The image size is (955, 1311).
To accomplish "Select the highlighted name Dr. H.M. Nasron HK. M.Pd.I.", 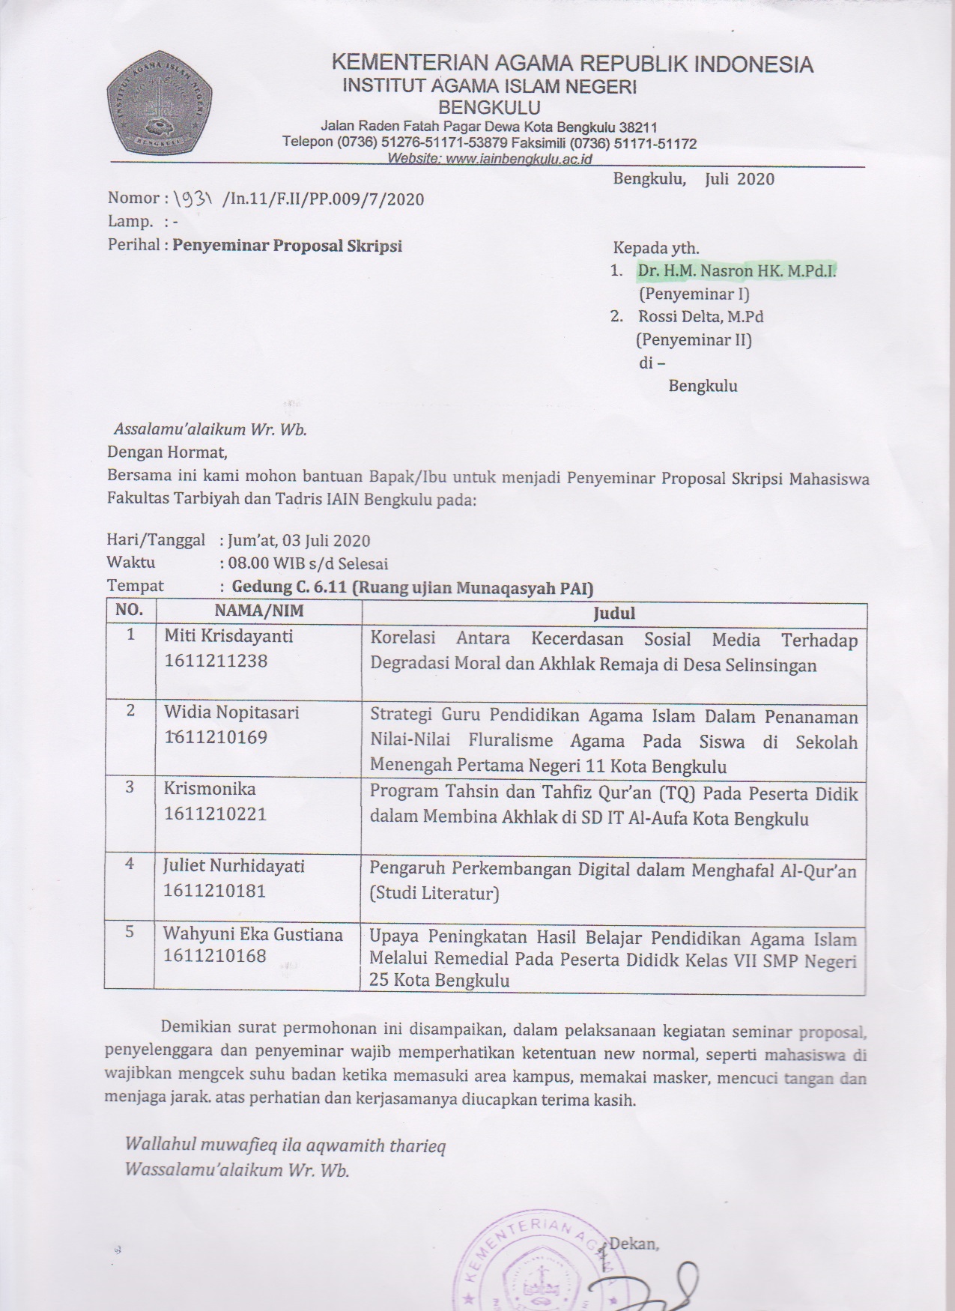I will point(736,271).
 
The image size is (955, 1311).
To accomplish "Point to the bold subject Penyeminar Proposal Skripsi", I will point(288,246).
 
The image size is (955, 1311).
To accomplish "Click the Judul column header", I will point(613,614).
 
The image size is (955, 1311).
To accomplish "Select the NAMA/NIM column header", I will point(258,610).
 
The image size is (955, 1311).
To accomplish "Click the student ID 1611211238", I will point(216,661).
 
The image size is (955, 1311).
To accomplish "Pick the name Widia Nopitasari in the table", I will point(231,712).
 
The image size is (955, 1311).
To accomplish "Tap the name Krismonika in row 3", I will point(210,788).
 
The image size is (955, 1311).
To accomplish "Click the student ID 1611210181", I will point(216,891).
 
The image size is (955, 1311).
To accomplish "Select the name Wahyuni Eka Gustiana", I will point(253,934).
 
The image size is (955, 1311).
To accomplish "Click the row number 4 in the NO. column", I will point(130,865).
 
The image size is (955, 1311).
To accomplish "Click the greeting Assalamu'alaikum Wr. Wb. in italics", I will point(210,430).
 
